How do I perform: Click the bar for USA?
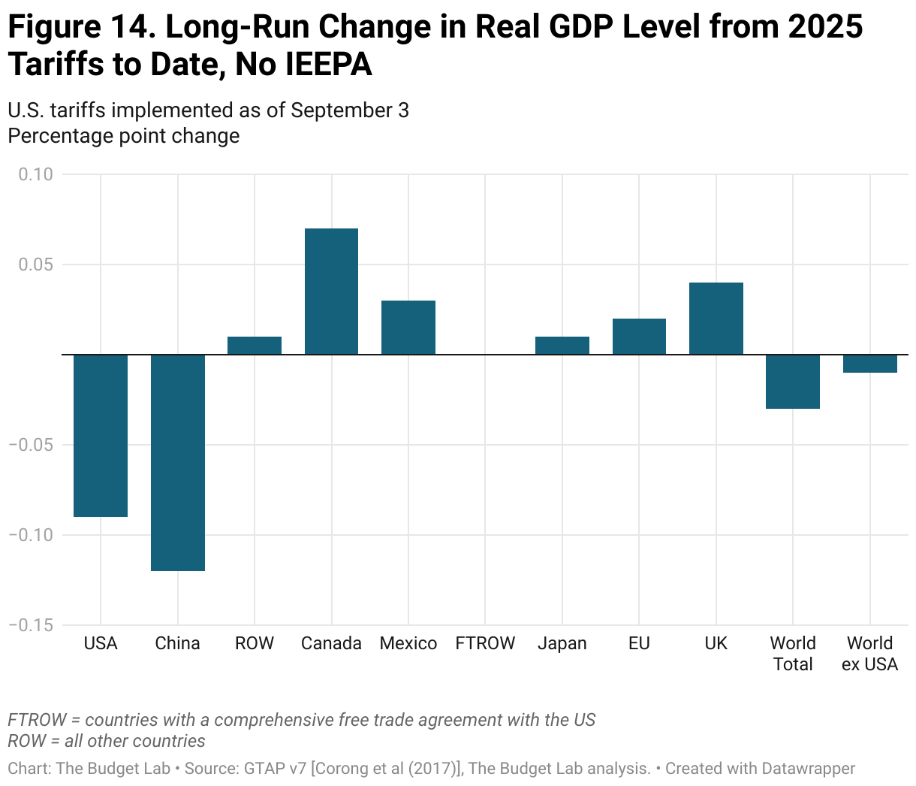101,435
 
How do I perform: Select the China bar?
178,462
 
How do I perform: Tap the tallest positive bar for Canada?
331,292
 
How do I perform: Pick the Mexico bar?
408,328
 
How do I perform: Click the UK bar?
716,319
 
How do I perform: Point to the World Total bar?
793,382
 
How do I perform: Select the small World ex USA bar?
870,364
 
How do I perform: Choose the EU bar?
639,337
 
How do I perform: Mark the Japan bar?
562,346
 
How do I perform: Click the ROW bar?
255,346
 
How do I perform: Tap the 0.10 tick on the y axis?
36,174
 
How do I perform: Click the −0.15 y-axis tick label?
32,625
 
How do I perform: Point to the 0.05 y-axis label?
36,265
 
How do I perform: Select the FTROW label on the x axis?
485,643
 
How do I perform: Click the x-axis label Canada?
331,643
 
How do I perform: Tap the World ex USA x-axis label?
869,654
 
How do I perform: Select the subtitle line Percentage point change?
124,136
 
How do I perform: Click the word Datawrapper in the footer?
808,769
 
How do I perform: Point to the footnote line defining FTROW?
301,720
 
